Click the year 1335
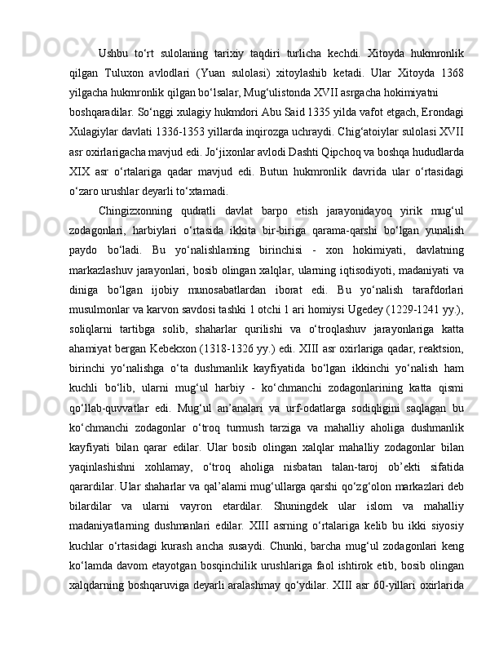point(263,106)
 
